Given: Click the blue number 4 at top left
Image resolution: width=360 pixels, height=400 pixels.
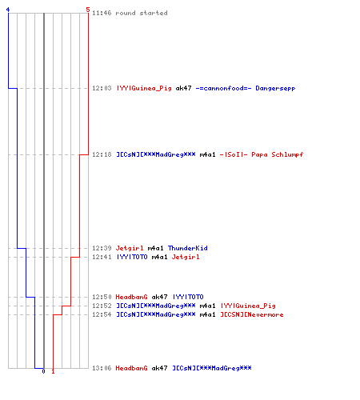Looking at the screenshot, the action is [8, 10].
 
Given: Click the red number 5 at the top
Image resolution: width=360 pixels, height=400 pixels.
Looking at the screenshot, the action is [88, 10].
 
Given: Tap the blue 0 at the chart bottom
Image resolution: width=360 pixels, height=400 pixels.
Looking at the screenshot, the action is [43, 371].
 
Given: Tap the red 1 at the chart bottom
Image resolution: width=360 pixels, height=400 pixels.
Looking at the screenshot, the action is [53, 371].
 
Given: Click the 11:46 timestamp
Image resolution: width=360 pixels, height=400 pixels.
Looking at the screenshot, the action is [102, 13].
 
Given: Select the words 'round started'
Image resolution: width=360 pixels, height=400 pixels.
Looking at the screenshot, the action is [142, 13].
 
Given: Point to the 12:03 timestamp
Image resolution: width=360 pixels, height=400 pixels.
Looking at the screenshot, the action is [102, 88].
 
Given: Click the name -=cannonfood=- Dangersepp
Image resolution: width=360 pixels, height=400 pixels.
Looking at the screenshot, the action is [246, 88].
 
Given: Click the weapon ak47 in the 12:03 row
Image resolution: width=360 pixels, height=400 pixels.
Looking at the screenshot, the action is [183, 88].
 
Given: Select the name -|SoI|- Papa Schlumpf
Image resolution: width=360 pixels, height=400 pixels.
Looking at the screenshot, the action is [262, 154].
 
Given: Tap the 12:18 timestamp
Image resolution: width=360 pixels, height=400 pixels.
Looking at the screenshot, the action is [102, 154].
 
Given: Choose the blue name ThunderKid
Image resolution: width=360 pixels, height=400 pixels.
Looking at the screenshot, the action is [188, 248].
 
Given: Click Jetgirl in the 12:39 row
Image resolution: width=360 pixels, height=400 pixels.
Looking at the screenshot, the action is [130, 248].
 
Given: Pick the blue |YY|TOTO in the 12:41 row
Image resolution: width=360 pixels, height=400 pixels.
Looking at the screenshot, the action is [132, 257].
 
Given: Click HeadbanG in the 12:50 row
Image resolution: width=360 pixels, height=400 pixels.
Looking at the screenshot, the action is [131, 297].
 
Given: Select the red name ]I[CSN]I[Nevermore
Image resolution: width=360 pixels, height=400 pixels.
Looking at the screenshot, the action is [252, 314].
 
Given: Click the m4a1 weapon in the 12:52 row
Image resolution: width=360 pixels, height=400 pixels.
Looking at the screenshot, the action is [207, 306].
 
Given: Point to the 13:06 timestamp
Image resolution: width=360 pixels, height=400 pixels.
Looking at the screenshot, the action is [102, 368].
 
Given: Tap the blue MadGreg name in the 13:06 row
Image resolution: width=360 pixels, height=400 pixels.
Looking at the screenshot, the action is [212, 368].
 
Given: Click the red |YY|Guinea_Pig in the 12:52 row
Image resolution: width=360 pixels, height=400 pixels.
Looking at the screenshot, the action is [248, 306].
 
